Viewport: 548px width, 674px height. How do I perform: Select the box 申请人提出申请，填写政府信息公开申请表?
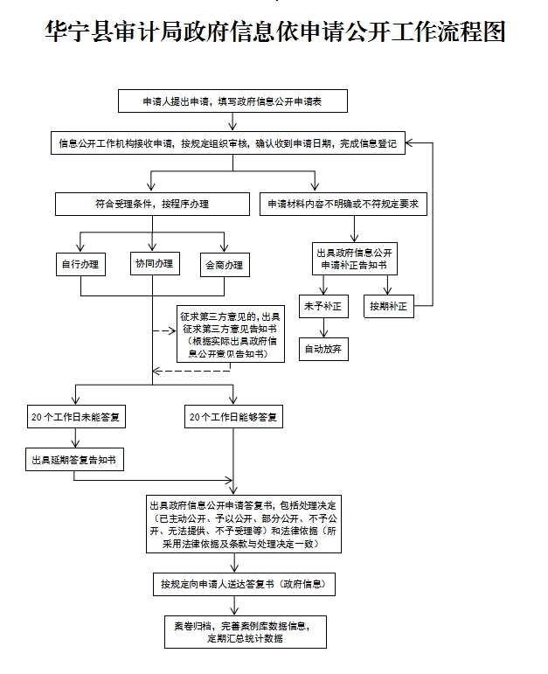pos(233,101)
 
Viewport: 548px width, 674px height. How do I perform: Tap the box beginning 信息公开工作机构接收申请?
pos(226,144)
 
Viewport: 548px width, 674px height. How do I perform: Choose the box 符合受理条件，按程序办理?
pos(152,205)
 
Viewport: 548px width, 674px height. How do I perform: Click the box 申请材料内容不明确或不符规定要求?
pos(343,205)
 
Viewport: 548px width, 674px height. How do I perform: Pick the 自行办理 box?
pos(80,264)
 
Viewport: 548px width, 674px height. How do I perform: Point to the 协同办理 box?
pos(153,263)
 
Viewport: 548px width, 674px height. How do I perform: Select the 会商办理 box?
pos(224,264)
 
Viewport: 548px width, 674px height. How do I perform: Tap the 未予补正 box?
pos(322,307)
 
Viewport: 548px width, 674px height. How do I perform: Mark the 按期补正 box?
pos(388,307)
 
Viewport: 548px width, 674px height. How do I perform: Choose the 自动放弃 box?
pos(322,348)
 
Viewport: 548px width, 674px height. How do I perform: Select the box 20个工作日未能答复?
pos(74,417)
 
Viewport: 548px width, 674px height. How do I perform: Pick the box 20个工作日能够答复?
pos(234,417)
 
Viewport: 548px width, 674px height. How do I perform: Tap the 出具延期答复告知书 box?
pos(73,459)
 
